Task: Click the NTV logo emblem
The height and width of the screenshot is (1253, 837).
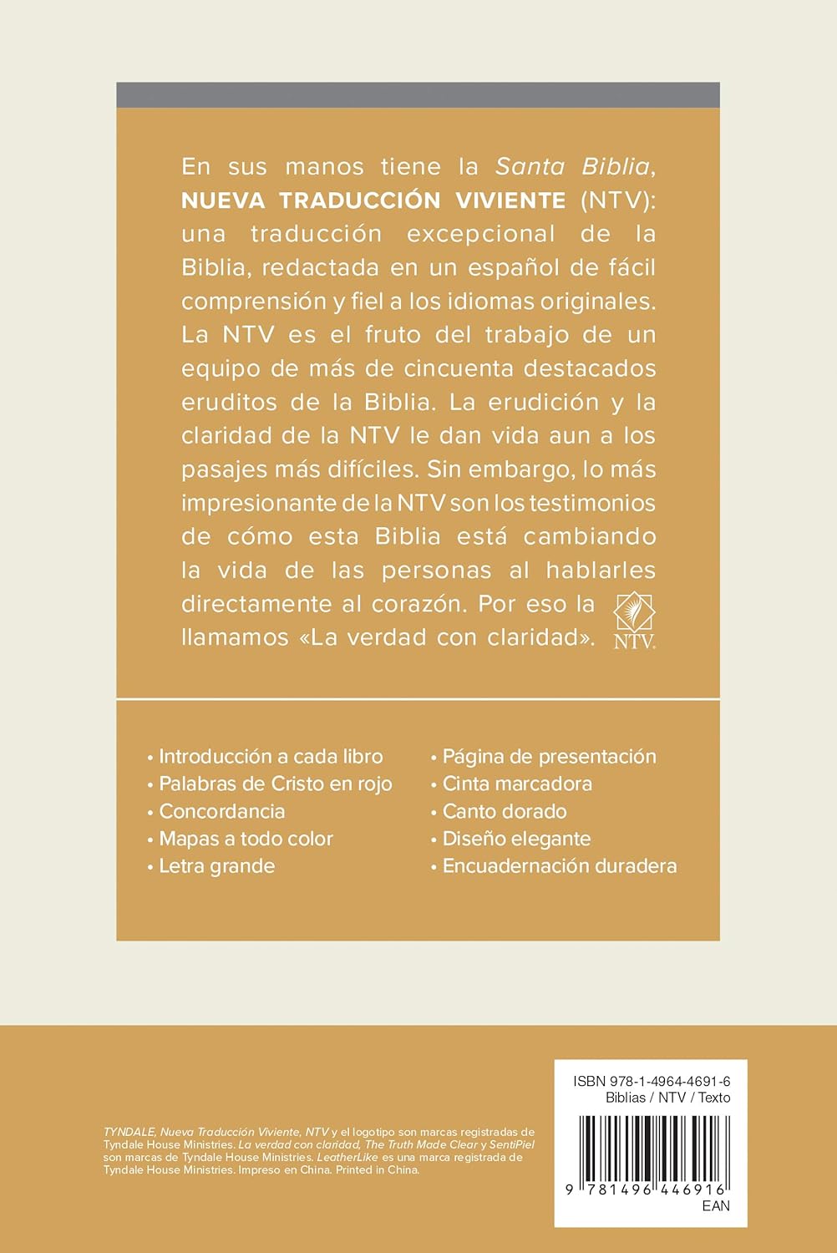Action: click(634, 619)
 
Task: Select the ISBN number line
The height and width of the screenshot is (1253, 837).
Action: click(652, 1081)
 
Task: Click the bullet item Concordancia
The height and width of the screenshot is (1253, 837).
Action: click(221, 811)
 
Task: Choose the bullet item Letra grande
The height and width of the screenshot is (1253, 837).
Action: click(216, 865)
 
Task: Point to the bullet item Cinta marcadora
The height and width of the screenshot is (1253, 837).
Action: click(516, 784)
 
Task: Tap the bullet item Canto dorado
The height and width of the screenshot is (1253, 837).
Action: click(504, 811)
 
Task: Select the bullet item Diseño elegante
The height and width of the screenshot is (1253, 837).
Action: click(515, 839)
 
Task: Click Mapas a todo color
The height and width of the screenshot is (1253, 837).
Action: click(246, 839)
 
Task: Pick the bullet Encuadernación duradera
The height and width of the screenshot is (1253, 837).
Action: click(559, 865)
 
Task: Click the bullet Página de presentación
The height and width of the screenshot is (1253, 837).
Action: click(549, 757)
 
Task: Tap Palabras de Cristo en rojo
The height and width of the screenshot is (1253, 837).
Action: click(275, 784)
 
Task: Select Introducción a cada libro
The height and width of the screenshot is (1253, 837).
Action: click(271, 757)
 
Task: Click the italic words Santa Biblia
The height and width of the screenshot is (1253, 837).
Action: click(573, 166)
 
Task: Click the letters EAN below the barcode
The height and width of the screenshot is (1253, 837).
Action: click(716, 1205)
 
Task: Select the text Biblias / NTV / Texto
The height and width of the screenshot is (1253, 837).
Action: click(667, 1098)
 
